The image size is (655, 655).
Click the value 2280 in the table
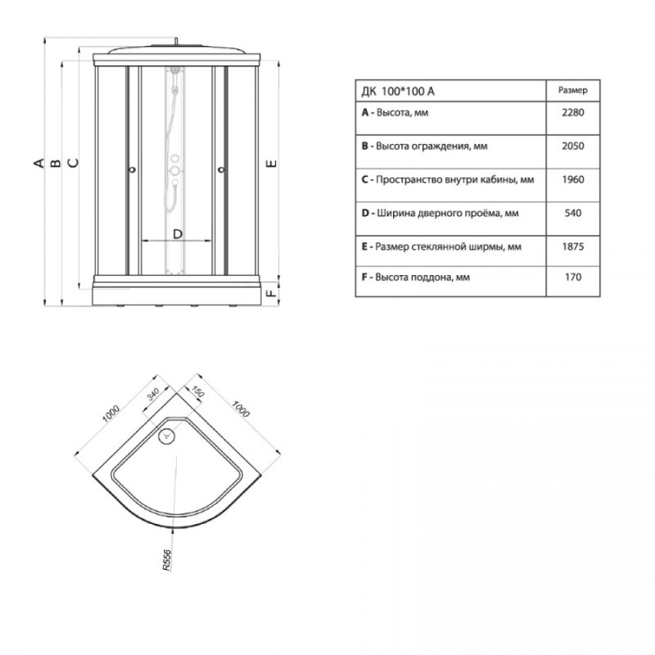tap(573, 112)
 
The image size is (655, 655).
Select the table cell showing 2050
tap(573, 146)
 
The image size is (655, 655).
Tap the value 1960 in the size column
tap(573, 180)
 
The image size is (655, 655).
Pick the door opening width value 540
tap(573, 213)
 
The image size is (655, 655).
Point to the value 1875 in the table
tap(573, 247)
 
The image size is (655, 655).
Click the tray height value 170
tap(573, 277)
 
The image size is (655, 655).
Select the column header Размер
tap(573, 90)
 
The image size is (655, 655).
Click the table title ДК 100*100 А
tap(397, 91)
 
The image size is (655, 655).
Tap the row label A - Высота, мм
tap(394, 113)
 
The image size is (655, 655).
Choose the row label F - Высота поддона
tap(416, 277)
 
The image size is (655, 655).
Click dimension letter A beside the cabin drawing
tap(39, 163)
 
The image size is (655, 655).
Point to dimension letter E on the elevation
tap(271, 163)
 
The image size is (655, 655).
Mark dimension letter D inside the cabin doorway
tap(178, 234)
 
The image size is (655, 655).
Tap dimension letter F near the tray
tap(271, 293)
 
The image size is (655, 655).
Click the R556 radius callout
tap(167, 560)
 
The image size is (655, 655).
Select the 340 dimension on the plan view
tap(153, 394)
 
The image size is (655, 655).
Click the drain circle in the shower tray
tap(167, 436)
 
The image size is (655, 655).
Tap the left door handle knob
tap(133, 170)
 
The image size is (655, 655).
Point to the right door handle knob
tap(221, 170)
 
